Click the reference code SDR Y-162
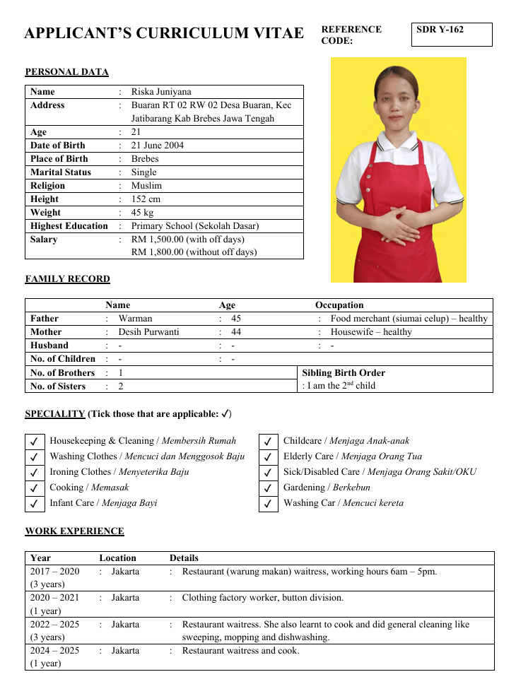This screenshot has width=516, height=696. (440, 30)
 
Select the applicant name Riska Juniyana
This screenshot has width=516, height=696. (161, 91)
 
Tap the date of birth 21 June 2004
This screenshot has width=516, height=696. (157, 146)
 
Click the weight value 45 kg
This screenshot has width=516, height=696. (142, 213)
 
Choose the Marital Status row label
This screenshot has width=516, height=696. (61, 172)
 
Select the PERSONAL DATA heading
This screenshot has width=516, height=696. (67, 72)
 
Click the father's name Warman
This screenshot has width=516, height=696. (135, 319)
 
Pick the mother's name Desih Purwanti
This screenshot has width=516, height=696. (148, 332)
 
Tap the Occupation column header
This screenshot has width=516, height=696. (339, 305)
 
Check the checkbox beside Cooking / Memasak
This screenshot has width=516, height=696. (34, 488)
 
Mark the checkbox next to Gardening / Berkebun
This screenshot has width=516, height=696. (268, 488)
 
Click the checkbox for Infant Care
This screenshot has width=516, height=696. (34, 504)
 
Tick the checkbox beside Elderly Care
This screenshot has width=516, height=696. (268, 457)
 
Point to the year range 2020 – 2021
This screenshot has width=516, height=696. (55, 598)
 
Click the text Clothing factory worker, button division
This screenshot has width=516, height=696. (263, 598)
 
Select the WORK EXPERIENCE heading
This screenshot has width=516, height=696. (74, 531)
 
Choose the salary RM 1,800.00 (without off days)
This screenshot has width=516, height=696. (194, 252)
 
